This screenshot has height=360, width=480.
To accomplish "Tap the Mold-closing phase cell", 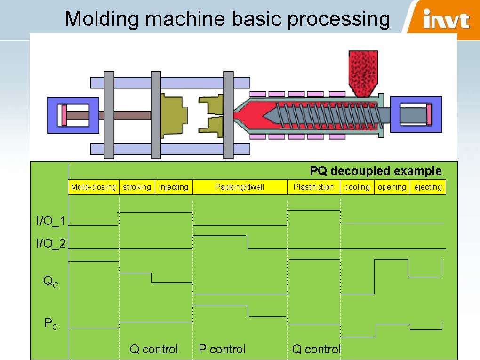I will click(x=93, y=187).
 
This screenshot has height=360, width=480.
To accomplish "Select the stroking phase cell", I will click(x=137, y=187).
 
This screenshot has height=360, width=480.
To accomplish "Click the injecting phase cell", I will click(x=174, y=187).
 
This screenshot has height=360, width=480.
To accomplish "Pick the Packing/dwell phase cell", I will click(x=240, y=187).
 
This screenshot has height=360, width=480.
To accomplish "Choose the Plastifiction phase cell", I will click(x=313, y=187).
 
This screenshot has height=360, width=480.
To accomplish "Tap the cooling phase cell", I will click(x=357, y=187).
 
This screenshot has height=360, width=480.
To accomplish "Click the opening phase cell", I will click(x=392, y=187).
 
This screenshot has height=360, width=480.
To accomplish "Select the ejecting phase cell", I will click(x=428, y=187).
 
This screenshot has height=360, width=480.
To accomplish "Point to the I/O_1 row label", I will click(x=51, y=221).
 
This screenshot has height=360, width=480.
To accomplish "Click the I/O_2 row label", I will click(x=51, y=243).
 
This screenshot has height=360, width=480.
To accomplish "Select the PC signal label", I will click(x=51, y=323).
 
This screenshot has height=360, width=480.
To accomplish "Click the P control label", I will click(x=222, y=349).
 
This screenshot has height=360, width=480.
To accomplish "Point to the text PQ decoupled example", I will click(x=376, y=171).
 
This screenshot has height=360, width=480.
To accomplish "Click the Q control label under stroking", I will click(x=154, y=349).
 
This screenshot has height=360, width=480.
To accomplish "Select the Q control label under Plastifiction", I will click(x=316, y=349).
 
